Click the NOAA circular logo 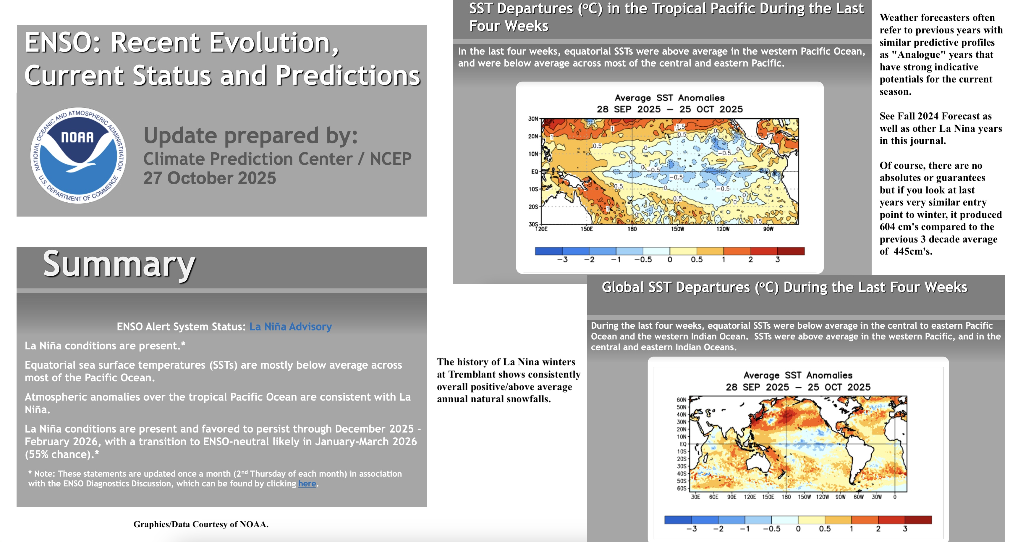(x=78, y=155)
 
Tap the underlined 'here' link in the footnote (x=307, y=483)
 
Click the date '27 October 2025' (x=209, y=178)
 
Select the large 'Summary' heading (x=119, y=264)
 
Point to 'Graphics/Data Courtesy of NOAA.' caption (x=201, y=524)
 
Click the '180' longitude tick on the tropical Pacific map (x=632, y=229)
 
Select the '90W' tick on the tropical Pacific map (x=768, y=229)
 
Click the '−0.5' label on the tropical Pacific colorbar (x=643, y=260)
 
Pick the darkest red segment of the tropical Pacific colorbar (x=791, y=251)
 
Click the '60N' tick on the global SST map (x=682, y=400)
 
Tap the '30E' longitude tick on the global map (x=695, y=497)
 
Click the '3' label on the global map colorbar (x=905, y=529)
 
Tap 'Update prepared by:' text (x=250, y=136)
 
